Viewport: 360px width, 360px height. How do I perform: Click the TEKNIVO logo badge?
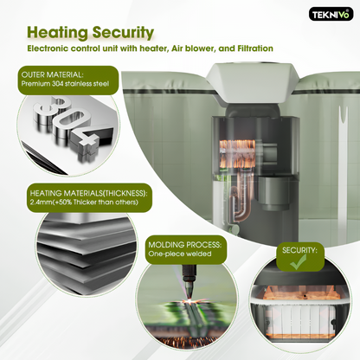click(331, 14)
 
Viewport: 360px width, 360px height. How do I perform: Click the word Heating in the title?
click(57, 32)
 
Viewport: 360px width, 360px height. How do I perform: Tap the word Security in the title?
click(123, 33)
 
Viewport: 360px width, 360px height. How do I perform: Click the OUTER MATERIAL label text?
click(52, 74)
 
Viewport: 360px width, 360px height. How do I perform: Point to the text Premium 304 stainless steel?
click(65, 84)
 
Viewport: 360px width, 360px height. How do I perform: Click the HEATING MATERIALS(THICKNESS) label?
click(88, 193)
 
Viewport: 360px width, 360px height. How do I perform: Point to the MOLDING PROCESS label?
click(185, 245)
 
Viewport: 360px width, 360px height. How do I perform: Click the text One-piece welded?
click(180, 254)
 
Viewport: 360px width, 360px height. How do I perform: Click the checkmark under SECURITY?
click(299, 261)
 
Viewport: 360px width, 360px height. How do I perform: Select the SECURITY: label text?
click(299, 250)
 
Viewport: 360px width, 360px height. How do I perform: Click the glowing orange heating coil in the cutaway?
click(237, 154)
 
